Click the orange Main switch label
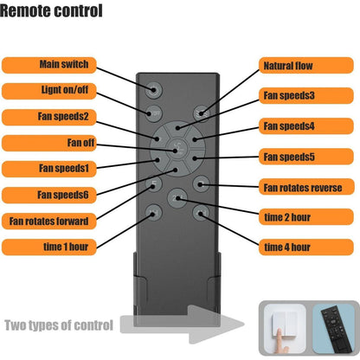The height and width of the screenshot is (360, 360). [x=49, y=65]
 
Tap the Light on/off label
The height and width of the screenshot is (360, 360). [x=49, y=91]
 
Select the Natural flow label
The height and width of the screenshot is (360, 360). [x=306, y=65]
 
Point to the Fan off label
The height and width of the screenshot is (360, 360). [x=49, y=143]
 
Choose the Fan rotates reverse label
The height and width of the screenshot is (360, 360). [x=306, y=187]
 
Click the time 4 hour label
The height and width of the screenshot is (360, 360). [x=306, y=247]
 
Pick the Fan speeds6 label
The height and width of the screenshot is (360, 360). [x=49, y=195]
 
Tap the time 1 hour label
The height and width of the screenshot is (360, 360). [x=49, y=247]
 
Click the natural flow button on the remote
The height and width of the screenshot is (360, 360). [x=202, y=113]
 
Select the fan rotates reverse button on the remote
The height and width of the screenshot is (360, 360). [x=201, y=183]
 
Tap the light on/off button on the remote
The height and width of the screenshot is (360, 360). [x=154, y=113]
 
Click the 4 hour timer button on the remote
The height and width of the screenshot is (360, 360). [x=201, y=214]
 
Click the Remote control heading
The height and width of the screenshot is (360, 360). [x=51, y=11]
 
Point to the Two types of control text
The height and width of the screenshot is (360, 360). [x=59, y=325]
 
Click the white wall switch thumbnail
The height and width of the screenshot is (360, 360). [x=285, y=329]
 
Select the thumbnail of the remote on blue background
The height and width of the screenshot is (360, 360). [x=333, y=329]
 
